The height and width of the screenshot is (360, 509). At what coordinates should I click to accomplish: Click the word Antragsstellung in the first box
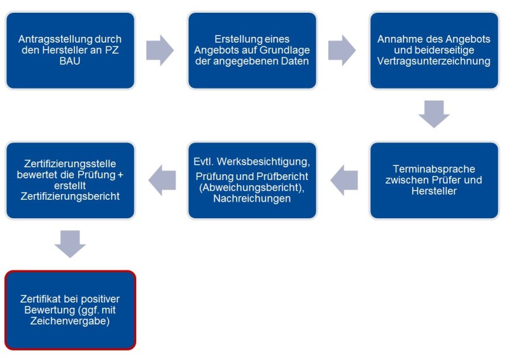50,39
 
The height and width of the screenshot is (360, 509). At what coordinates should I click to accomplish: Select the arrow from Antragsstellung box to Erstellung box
160,50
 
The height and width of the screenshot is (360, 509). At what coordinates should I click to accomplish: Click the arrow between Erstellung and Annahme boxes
342,50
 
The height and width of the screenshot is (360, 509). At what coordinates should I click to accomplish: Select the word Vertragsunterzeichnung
434,61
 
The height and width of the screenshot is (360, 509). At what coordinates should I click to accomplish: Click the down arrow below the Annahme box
434,113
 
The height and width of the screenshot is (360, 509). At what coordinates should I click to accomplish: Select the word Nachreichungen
252,198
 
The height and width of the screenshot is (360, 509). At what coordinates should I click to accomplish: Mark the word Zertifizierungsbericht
70,196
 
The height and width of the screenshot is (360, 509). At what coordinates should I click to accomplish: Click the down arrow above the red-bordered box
70,243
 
